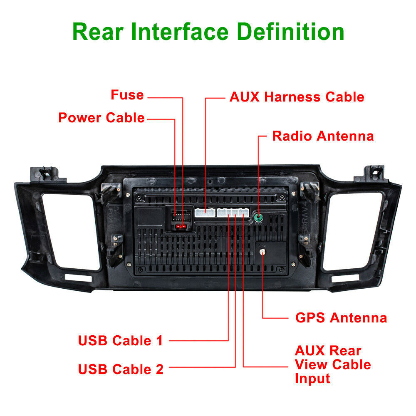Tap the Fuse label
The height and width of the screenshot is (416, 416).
tap(127, 95)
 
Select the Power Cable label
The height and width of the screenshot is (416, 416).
tap(101, 118)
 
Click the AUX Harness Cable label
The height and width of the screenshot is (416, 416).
tap(297, 97)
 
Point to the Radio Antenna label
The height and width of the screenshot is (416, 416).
tap(323, 136)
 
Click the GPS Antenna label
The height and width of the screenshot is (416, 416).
tap(341, 318)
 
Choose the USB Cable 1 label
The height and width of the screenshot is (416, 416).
tap(120, 341)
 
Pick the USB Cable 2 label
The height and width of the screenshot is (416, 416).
tap(121, 369)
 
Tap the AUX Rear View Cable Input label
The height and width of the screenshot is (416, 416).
tap(332, 364)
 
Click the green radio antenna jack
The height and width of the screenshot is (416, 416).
tap(258, 218)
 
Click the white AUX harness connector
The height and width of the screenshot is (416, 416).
tap(204, 213)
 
